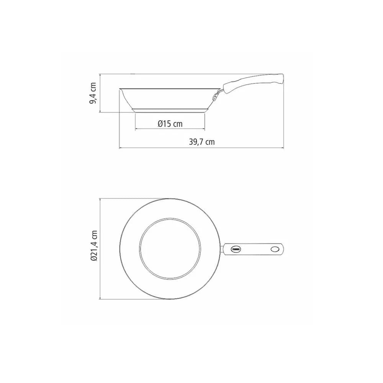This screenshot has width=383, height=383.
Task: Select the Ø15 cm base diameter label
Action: (x=170, y=124)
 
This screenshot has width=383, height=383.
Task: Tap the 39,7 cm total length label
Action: (x=201, y=142)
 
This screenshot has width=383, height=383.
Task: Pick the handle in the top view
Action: (x=253, y=249)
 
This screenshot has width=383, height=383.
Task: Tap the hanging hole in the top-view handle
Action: (x=275, y=249)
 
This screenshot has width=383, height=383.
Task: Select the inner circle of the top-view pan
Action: (x=170, y=249)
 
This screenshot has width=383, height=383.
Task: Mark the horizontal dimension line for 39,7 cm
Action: (x=201, y=148)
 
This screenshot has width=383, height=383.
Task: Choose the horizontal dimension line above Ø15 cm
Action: (x=170, y=129)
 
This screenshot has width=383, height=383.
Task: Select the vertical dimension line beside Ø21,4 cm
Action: (x=100, y=248)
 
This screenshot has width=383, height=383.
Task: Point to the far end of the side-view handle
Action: (x=283, y=78)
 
